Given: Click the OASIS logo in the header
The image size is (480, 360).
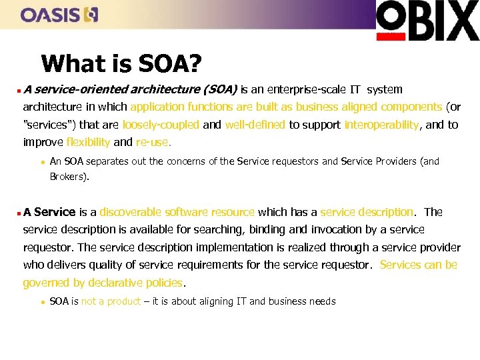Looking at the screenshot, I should click(x=59, y=14).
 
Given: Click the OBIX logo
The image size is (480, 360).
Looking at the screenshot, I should click(x=427, y=21).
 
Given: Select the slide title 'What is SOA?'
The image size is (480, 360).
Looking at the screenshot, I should click(x=121, y=64).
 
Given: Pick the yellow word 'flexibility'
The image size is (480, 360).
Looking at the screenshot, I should click(x=88, y=142).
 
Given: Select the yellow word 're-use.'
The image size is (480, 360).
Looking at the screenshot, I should click(x=153, y=142).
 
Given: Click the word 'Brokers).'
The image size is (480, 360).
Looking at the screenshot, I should click(x=69, y=177).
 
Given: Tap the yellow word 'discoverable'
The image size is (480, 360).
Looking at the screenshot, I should click(x=130, y=212).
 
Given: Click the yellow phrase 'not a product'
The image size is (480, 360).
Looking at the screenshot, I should click(x=111, y=301).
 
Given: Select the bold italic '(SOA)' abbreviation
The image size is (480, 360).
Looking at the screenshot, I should click(x=220, y=89).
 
